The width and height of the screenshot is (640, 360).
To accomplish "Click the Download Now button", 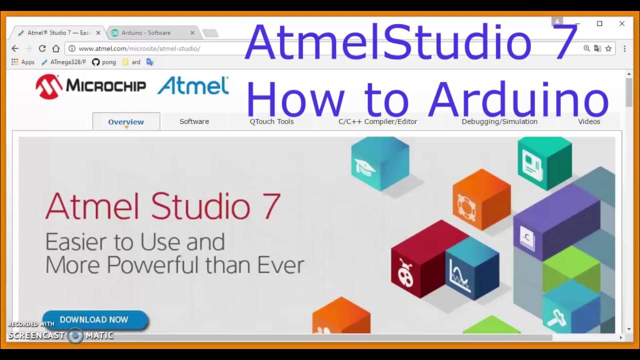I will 94,320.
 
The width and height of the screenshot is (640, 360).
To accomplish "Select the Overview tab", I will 126,121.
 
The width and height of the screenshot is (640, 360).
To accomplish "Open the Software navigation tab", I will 194,121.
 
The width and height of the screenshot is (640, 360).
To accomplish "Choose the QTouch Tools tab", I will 271,121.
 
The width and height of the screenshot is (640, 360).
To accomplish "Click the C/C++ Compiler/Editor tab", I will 377,121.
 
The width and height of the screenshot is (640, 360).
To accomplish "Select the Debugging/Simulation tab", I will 499,121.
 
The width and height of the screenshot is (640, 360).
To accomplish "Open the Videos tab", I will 589,121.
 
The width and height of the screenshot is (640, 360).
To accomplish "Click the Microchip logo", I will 90,86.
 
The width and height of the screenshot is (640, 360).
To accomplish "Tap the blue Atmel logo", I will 193,85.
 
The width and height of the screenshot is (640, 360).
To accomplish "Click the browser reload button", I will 42,48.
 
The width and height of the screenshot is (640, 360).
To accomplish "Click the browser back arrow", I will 15,48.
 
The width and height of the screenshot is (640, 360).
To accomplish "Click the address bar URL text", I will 139,48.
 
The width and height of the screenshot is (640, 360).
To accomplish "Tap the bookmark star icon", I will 608,48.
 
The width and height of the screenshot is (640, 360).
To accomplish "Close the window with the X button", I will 622,23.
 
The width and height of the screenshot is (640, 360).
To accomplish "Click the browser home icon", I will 56,48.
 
